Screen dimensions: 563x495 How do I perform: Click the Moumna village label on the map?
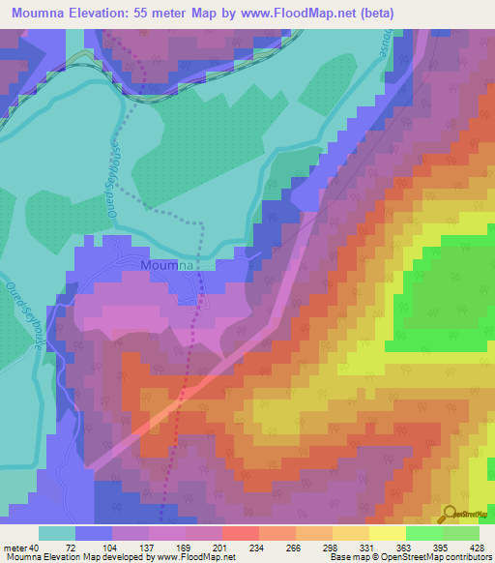168,264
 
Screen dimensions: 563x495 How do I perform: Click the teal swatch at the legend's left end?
57,532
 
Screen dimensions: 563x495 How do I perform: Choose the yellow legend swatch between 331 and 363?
387,532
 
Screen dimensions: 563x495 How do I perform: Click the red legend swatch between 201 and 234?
240,532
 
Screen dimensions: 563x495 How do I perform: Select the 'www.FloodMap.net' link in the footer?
196,557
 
